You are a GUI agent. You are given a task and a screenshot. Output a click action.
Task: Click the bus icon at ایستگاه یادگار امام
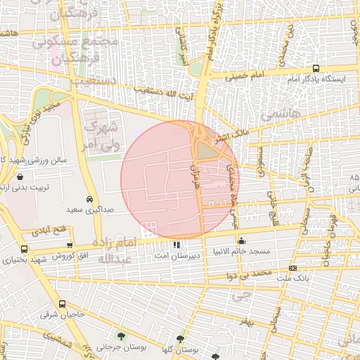tap(316, 69)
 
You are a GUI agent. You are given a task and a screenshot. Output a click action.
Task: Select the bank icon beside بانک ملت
tap(292, 268)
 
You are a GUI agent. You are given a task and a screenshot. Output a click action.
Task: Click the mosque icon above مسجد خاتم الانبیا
tap(242, 240)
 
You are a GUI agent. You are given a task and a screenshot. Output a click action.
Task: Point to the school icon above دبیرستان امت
tap(176, 245)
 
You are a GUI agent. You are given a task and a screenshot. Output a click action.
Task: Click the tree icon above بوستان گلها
tap(180, 338)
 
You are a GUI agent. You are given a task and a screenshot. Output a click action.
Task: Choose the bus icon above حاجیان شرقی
tap(63, 304)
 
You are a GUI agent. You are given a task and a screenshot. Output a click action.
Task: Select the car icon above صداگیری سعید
tap(89, 199)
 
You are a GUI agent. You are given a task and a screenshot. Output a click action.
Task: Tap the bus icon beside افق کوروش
tap(25, 249)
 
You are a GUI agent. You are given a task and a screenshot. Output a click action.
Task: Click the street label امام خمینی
tap(245, 74)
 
